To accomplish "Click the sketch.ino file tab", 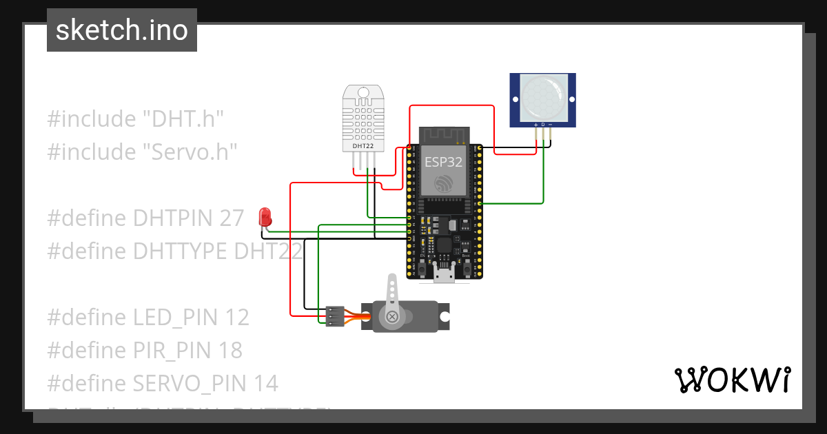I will pyautogui.click(x=121, y=30).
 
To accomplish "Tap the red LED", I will pyautogui.click(x=264, y=217).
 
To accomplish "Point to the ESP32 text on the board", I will pyautogui.click(x=443, y=163).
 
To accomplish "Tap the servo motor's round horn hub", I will pyautogui.click(x=392, y=317).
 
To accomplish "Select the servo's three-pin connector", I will pyautogui.click(x=334, y=316).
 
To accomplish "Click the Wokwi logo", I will pyautogui.click(x=732, y=380).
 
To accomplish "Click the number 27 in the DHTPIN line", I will pyautogui.click(x=232, y=218).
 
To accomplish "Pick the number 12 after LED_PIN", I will pyautogui.click(x=236, y=318).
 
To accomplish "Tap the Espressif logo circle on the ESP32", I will pyautogui.click(x=443, y=183).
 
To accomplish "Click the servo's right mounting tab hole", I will pyautogui.click(x=445, y=317).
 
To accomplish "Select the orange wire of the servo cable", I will pyautogui.click(x=358, y=316).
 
